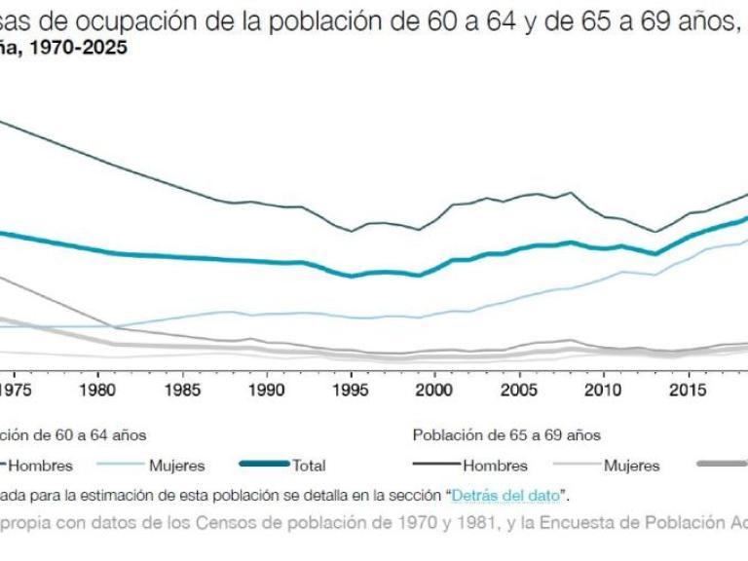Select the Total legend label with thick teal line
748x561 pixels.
(309, 466)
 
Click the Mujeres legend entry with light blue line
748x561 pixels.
(178, 466)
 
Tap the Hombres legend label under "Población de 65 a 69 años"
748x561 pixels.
(495, 466)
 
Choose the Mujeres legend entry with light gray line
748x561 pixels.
(631, 466)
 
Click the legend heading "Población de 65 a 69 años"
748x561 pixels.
(506, 435)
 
